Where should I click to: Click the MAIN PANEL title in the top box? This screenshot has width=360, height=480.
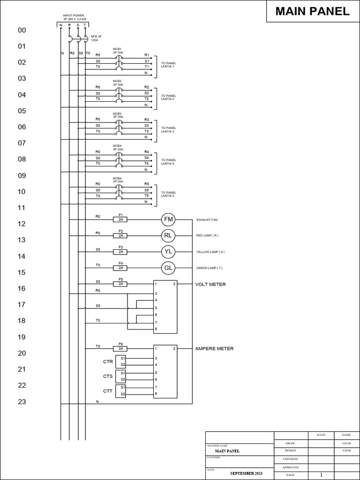click(312, 12)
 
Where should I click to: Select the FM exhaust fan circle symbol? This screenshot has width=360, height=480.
click(168, 219)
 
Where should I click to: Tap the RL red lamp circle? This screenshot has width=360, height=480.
click(168, 235)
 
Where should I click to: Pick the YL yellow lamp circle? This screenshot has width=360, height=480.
click(168, 252)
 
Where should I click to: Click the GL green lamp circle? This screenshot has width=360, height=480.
click(168, 268)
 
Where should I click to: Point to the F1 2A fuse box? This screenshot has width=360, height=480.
click(120, 219)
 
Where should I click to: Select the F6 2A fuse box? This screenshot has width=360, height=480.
click(120, 349)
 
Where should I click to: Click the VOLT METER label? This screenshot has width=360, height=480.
click(210, 284)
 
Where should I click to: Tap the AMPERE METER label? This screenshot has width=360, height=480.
click(214, 349)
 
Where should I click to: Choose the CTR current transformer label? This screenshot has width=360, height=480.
click(108, 362)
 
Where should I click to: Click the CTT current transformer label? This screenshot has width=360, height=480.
click(108, 391)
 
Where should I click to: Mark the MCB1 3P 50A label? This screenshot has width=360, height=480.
click(117, 51)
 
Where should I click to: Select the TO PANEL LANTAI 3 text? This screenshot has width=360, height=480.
click(168, 129)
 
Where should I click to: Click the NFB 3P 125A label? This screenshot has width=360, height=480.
click(97, 38)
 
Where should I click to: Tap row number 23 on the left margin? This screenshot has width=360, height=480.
click(22, 402)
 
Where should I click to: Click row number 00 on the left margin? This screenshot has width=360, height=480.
click(22, 30)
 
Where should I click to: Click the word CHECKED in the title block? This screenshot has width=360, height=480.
click(290, 459)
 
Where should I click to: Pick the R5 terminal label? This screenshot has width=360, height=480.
click(147, 184)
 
